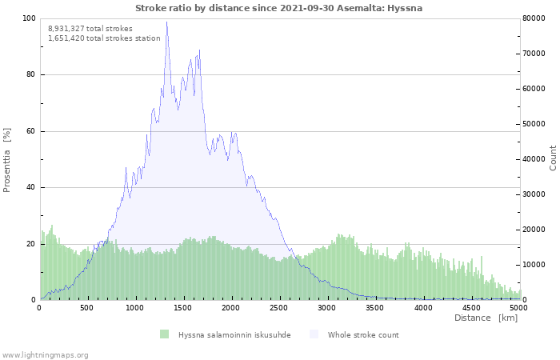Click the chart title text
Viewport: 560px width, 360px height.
point(279,8)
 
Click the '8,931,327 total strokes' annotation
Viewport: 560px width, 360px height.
point(90,28)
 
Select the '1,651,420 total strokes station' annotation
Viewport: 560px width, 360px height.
point(104,38)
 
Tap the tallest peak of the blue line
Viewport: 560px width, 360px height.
point(166,22)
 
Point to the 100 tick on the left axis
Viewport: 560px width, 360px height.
point(29,18)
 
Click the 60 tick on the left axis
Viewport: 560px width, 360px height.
point(30,131)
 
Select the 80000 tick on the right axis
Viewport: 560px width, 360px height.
point(536,18)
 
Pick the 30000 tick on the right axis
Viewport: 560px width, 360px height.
point(536,194)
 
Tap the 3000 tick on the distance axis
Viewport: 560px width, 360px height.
point(327,307)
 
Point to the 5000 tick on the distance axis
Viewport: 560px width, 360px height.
point(518,307)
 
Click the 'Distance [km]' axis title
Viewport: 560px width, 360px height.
point(486,318)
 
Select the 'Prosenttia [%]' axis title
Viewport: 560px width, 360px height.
point(7,159)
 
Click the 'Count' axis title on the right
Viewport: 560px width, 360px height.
point(553,158)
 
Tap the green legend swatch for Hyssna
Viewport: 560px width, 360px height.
point(164,334)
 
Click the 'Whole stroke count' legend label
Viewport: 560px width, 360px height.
point(362,334)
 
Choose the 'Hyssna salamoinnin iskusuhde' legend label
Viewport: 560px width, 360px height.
point(234,334)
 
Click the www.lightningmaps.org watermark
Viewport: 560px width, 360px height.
point(45,354)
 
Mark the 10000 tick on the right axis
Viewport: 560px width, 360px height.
point(536,265)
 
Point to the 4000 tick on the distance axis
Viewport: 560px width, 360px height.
point(423,307)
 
